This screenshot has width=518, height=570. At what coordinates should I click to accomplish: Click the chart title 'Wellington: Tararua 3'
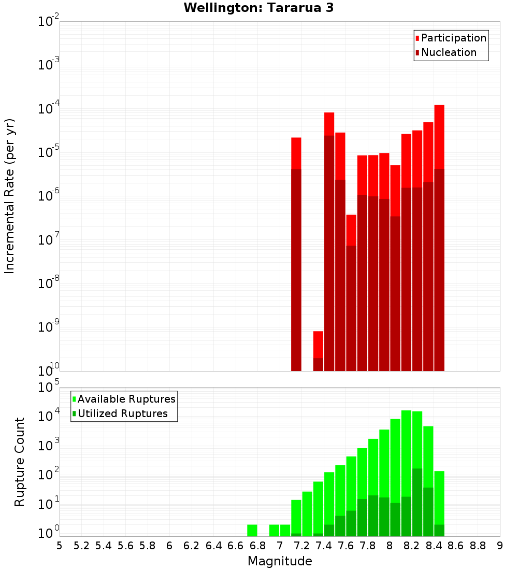258,8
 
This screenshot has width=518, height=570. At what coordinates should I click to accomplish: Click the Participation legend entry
451,38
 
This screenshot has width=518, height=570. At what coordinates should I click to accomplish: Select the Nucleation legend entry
445,52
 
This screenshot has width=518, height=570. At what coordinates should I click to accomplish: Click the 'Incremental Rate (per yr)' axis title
9,196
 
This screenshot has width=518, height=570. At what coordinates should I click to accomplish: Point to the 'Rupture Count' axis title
20,461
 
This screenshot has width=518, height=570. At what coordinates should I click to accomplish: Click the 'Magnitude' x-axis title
280,561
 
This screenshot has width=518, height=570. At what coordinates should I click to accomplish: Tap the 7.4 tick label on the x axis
323,546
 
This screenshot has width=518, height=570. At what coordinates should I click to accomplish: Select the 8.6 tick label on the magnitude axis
455,546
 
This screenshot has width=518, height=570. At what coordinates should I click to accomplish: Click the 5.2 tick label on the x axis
81,546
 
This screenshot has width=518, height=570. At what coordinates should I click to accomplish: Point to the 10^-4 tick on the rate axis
49,109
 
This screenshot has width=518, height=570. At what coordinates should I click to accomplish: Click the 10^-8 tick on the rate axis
49,283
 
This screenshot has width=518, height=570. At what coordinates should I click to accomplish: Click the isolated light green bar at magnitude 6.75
252,530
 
